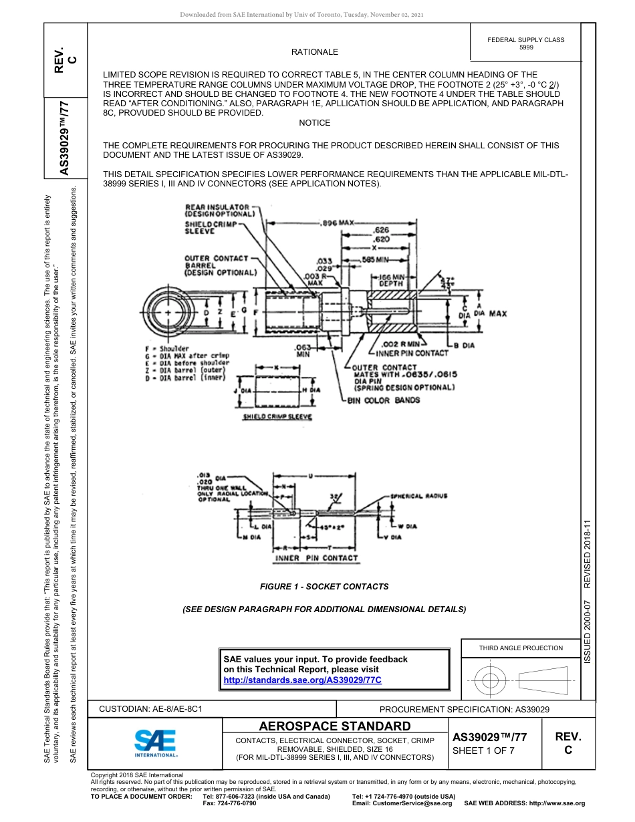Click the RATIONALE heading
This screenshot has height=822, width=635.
point(314,51)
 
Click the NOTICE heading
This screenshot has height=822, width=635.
point(314,123)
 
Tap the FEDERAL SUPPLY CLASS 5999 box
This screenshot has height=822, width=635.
point(525,43)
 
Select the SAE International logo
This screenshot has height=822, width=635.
point(155,742)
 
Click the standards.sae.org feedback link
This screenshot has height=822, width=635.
point(302,680)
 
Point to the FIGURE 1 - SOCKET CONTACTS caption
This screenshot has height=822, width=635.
point(324,586)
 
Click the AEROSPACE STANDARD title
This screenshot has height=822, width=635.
point(335,726)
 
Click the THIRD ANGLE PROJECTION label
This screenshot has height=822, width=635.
point(521,648)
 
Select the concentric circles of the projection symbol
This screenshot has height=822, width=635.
point(491,681)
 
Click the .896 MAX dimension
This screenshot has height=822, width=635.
point(338,222)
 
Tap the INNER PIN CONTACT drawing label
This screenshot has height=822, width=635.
point(317,557)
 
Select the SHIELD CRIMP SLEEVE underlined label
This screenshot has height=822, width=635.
point(277,417)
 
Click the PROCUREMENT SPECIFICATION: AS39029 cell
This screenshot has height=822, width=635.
point(464,709)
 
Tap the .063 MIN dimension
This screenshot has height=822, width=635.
point(303,351)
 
